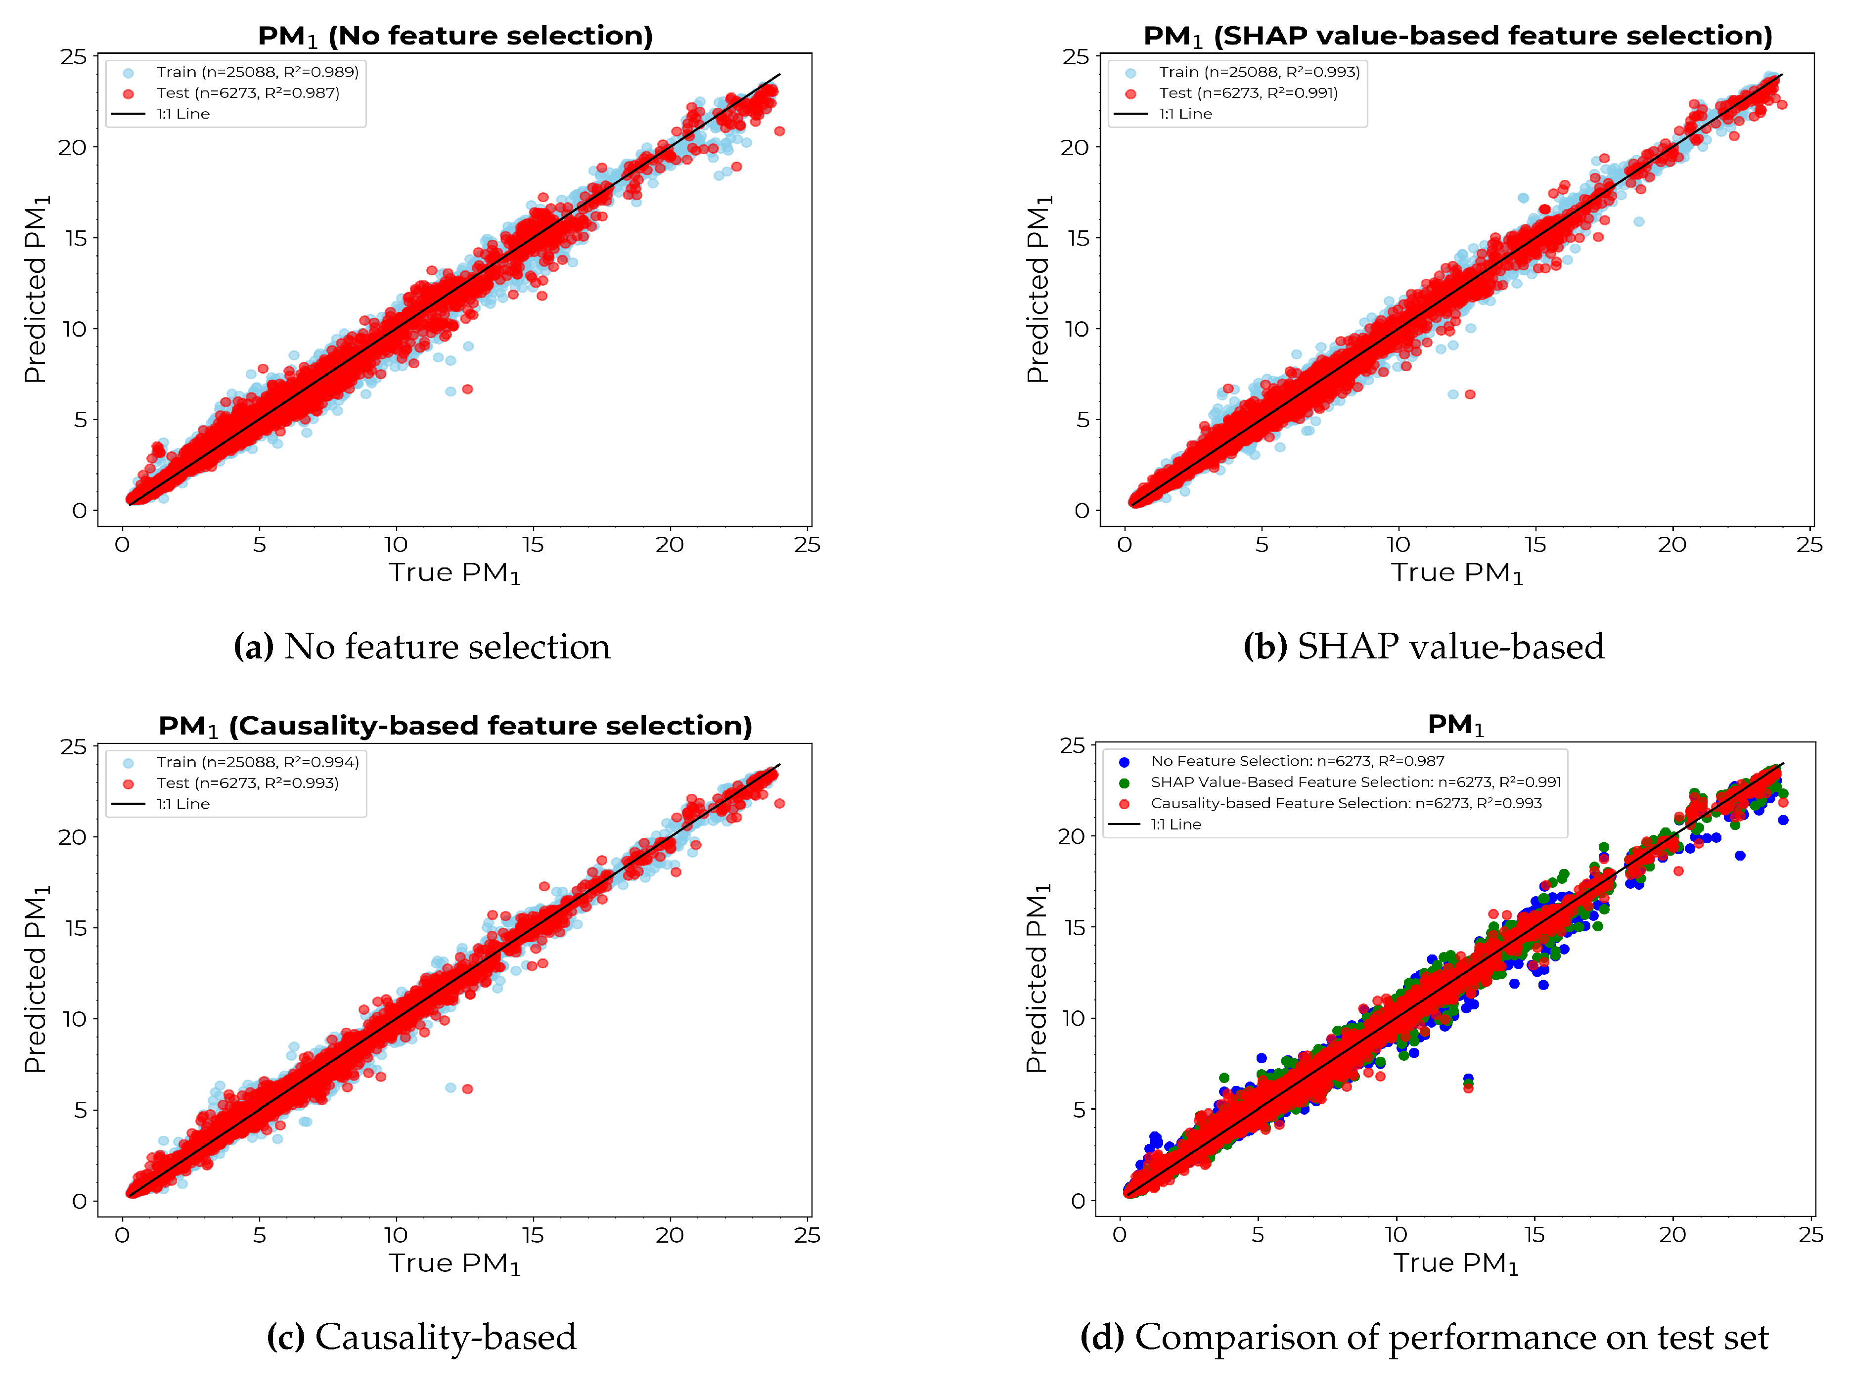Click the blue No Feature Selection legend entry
pos(1296,761)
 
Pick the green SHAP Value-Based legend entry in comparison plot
pos(1355,782)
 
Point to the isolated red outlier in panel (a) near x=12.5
pos(467,389)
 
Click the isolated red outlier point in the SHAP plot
pos(1469,394)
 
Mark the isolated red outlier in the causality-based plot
pos(467,1088)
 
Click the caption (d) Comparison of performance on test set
pos(1423,1337)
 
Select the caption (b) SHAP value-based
pos(1423,647)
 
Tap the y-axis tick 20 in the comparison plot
pos(1071,836)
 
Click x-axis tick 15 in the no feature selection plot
pos(533,545)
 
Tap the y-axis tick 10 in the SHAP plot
pos(1077,329)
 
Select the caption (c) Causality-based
pos(421,1337)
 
